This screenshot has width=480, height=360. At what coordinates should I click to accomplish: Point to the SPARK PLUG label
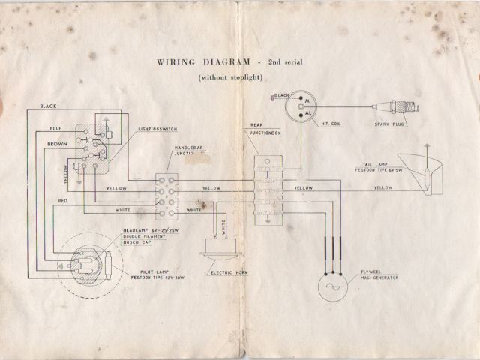point(390,124)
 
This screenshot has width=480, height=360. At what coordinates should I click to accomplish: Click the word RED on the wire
point(63,201)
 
